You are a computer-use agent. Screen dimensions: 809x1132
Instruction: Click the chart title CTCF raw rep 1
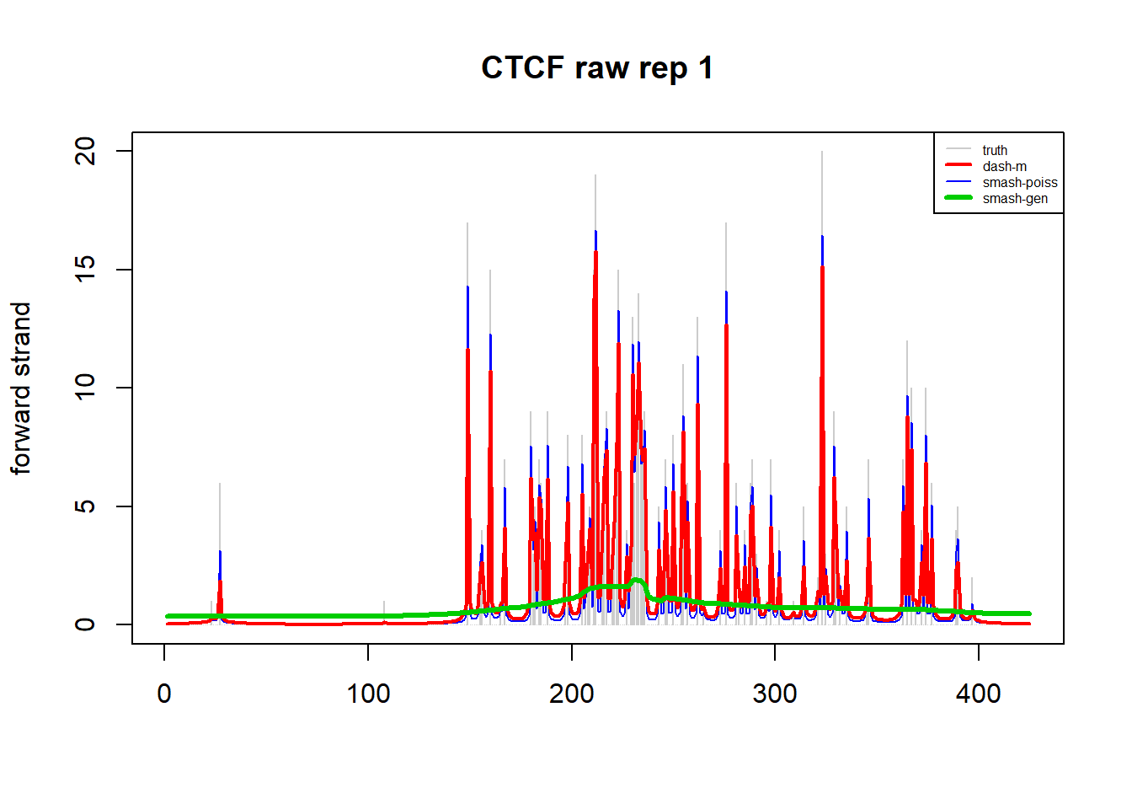[x=596, y=68]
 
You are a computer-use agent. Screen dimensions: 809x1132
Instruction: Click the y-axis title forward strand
[x=21, y=388]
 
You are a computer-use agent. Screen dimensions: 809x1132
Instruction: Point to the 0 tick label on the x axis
[x=164, y=694]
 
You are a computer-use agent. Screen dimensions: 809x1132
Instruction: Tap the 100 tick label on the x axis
[x=368, y=694]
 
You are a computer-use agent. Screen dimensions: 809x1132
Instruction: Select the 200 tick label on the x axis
[x=571, y=694]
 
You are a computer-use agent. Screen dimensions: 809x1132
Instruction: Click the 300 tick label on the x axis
[x=775, y=694]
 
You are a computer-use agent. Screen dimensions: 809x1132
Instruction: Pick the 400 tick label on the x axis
[x=979, y=694]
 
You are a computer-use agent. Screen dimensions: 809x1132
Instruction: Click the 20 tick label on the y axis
[x=86, y=152]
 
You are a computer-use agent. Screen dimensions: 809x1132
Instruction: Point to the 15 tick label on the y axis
[x=86, y=270]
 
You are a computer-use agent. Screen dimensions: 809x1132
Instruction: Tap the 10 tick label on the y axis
[x=86, y=388]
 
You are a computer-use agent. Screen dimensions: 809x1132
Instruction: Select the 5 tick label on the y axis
[x=86, y=506]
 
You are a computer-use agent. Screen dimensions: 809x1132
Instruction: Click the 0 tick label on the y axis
[x=86, y=624]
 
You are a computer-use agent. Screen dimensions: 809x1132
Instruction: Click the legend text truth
[x=995, y=151]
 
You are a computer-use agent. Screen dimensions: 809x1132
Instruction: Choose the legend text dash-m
[x=1004, y=167]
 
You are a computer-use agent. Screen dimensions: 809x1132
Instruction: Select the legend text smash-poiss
[x=1019, y=183]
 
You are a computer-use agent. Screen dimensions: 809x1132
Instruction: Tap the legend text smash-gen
[x=1015, y=199]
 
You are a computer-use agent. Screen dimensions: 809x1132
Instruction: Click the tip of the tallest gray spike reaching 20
[x=822, y=153]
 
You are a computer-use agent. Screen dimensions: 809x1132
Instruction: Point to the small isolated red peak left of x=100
[x=220, y=581]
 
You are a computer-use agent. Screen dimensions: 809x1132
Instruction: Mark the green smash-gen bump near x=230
[x=636, y=581]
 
